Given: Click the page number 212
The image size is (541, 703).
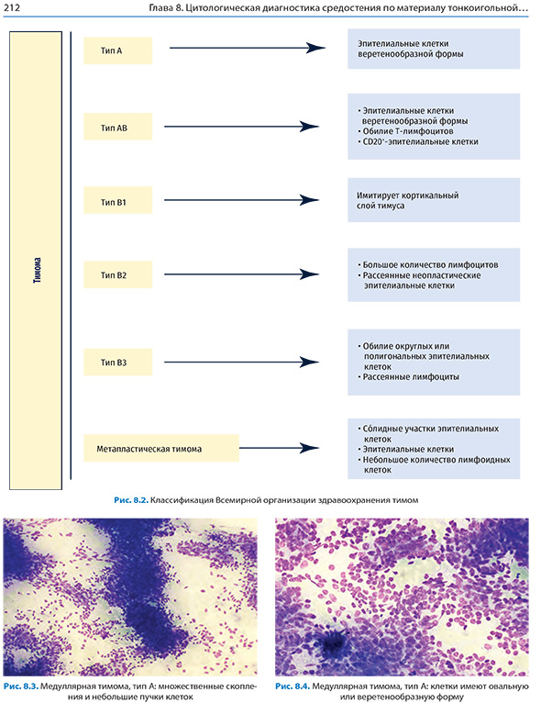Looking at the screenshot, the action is coord(12,7).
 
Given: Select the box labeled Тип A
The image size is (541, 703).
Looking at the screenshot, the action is coord(117,50).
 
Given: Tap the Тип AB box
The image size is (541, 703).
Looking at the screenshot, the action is coord(117,127).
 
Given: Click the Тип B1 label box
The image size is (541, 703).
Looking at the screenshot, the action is coord(117,200).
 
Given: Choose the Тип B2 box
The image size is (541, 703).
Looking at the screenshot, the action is coord(117,274).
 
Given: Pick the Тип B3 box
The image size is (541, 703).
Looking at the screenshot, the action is coord(117,363).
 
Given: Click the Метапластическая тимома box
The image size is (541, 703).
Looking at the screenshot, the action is coord(161,449).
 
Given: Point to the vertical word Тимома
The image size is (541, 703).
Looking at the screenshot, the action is coord(38,270).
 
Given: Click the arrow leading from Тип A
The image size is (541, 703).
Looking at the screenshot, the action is coord(248,48).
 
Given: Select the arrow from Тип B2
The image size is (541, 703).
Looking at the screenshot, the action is coord(242,273).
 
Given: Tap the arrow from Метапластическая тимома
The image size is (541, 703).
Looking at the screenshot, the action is coord(280,448).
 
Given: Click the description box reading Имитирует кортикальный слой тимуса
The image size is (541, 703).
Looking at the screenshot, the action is coord(434,200).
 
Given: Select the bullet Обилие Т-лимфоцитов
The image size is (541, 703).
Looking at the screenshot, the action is coord(408,131).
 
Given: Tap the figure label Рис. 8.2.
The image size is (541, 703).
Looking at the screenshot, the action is coord(131,500).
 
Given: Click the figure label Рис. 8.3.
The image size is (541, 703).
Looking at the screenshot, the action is coord(21,686).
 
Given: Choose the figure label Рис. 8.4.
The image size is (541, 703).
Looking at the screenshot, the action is coord(293,686).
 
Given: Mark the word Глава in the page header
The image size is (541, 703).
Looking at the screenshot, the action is coord(160,8).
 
